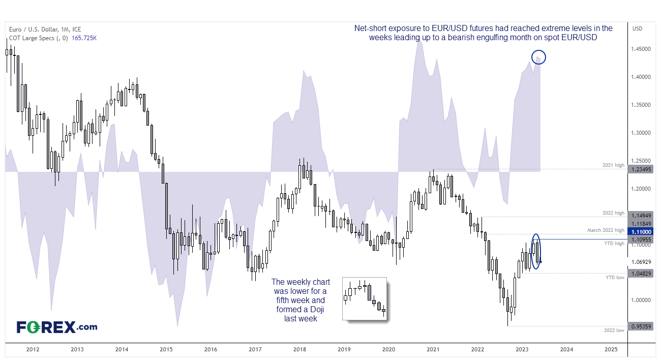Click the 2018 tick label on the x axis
tap(299, 349)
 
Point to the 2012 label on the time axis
tap(33, 349)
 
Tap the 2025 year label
tap(611, 349)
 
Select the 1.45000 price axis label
tap(641, 49)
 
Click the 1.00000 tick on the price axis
tap(641, 300)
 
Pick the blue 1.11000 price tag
tap(640, 232)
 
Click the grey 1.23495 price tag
tap(640, 169)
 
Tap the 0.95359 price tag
tap(640, 326)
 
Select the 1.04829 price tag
tap(640, 274)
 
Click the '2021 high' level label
tap(613, 165)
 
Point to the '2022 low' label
tap(614, 331)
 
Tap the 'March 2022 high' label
tap(606, 230)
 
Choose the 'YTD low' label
tap(615, 278)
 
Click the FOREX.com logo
tap(57, 327)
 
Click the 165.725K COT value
tap(84, 38)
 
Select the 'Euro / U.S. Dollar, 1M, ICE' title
tap(45, 29)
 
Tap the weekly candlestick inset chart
tap(365, 298)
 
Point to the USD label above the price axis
tap(638, 28)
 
